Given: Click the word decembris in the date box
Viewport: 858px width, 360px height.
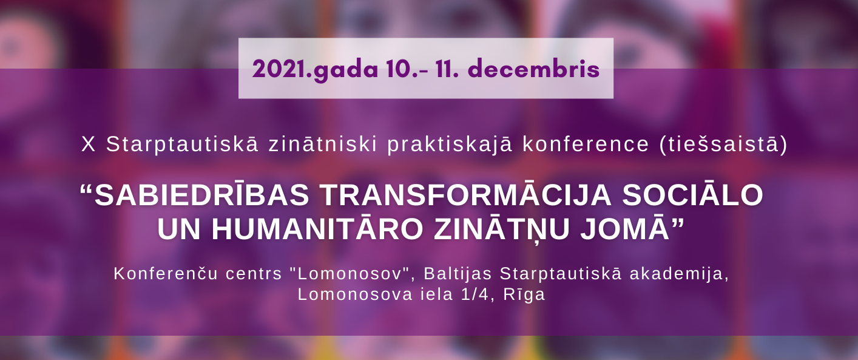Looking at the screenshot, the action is [533, 69].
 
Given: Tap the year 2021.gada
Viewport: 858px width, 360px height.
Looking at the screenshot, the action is [315, 70].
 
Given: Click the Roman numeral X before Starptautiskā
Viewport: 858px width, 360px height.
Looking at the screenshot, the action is [89, 144].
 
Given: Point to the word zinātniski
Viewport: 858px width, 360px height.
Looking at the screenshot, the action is [323, 144].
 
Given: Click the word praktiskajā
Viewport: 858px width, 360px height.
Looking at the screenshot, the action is [450, 145].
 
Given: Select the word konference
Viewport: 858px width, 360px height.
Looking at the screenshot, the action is [586, 144].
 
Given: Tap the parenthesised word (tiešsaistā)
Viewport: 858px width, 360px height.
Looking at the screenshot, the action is [723, 144].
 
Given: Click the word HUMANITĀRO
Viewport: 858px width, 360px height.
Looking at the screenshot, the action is [317, 229].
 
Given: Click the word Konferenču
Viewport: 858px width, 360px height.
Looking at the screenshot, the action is [166, 274].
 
